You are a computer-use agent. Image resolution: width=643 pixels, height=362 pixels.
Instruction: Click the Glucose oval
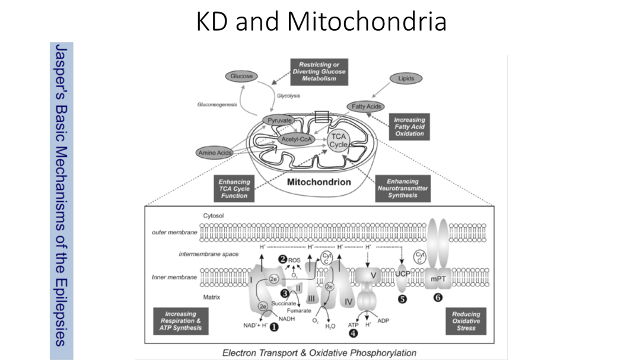click(x=242, y=76)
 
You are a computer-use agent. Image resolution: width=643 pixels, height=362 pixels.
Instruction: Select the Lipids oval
click(x=406, y=78)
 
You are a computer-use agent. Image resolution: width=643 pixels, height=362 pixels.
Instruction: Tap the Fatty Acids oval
click(x=366, y=107)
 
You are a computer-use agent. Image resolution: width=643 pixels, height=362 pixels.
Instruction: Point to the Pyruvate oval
click(x=278, y=120)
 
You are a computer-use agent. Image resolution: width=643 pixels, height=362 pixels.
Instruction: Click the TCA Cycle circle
click(x=339, y=140)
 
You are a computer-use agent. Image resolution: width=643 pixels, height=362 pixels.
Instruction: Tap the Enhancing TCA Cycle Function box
click(x=234, y=188)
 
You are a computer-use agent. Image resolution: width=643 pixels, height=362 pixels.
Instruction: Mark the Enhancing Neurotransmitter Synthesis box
click(x=403, y=188)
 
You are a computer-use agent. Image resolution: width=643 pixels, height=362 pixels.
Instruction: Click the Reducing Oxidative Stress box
click(x=466, y=320)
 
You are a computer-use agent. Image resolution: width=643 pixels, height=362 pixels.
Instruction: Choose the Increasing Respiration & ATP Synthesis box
click(x=180, y=320)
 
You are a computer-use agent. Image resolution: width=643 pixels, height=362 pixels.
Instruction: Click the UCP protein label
click(x=402, y=274)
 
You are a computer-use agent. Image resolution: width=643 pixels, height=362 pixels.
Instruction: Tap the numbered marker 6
click(x=438, y=298)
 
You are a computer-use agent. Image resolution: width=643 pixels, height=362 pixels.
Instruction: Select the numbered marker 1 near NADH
click(x=274, y=326)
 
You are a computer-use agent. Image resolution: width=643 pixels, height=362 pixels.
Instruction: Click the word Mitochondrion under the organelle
click(x=319, y=182)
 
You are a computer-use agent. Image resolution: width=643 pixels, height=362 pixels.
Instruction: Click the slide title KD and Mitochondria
click(x=321, y=22)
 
